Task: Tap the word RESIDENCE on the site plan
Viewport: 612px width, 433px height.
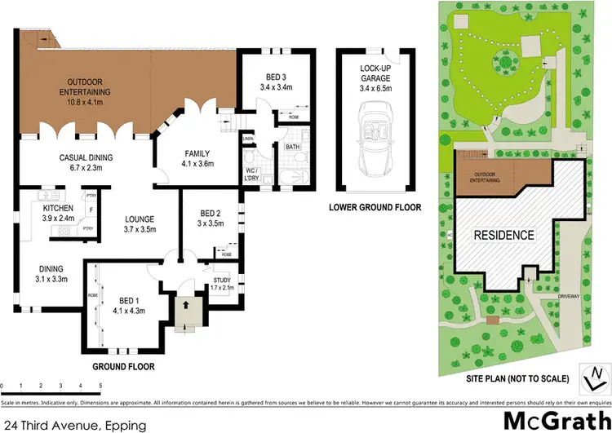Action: pos(504,235)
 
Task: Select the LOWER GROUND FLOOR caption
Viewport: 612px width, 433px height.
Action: pos(375,208)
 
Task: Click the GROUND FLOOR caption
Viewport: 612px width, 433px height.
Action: pos(124,367)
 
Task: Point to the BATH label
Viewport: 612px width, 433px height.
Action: pos(292,147)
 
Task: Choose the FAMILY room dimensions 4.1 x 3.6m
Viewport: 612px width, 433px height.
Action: pos(197,163)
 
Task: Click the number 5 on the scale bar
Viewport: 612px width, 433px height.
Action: pos(100,385)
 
